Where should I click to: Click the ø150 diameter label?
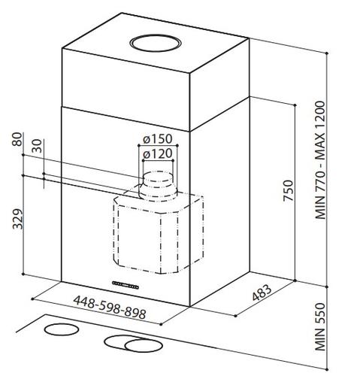pyautogui.click(x=158, y=139)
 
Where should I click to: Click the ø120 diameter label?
pyautogui.click(x=157, y=153)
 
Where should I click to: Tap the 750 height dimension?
pyautogui.click(x=288, y=190)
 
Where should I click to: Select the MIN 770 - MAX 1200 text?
pyautogui.click(x=320, y=160)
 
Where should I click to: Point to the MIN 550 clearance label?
pyautogui.click(x=320, y=326)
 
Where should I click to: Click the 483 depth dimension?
pyautogui.click(x=262, y=293)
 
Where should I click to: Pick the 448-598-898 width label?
pyautogui.click(x=110, y=308)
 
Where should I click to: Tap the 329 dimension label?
pyautogui.click(x=17, y=219)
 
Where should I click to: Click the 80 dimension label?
pyautogui.click(x=17, y=139)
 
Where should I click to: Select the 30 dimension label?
pyautogui.click(x=38, y=146)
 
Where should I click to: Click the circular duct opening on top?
pyautogui.click(x=155, y=44)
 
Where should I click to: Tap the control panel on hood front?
pyautogui.click(x=126, y=285)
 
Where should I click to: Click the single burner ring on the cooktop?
pyautogui.click(x=62, y=329)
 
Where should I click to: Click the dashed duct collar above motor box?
pyautogui.click(x=158, y=186)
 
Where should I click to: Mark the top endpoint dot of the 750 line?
pyautogui.click(x=295, y=105)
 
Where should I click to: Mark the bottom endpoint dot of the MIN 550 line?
pyautogui.click(x=327, y=369)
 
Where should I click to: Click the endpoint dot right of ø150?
pyautogui.click(x=177, y=145)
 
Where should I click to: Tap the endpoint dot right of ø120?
pyautogui.click(x=173, y=160)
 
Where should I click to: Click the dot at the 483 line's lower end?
pyautogui.click(x=235, y=316)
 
